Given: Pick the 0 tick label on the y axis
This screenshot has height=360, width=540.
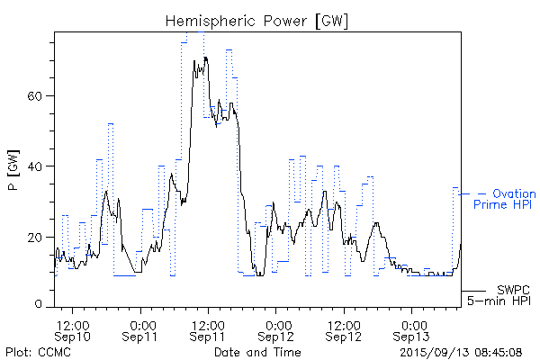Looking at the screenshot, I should point(41,305).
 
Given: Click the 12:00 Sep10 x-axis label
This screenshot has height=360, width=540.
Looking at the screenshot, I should point(73,329).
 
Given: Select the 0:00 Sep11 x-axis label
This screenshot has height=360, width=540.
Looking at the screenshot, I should point(141,329).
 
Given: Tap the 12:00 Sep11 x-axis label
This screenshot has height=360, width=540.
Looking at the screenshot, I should point(208,329).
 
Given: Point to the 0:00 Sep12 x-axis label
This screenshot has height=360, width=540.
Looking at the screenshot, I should point(277,329).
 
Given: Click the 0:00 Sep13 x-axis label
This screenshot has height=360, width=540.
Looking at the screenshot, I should point(413,329).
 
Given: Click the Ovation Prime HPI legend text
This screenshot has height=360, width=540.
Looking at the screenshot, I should point(505,199).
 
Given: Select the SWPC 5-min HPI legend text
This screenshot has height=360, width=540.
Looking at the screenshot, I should point(500,295).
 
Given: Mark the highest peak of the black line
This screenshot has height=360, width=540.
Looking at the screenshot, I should point(205,58).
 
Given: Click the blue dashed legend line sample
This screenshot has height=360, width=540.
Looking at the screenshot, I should point(472,193).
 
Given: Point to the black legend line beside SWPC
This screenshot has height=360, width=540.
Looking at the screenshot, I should point(473,291).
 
